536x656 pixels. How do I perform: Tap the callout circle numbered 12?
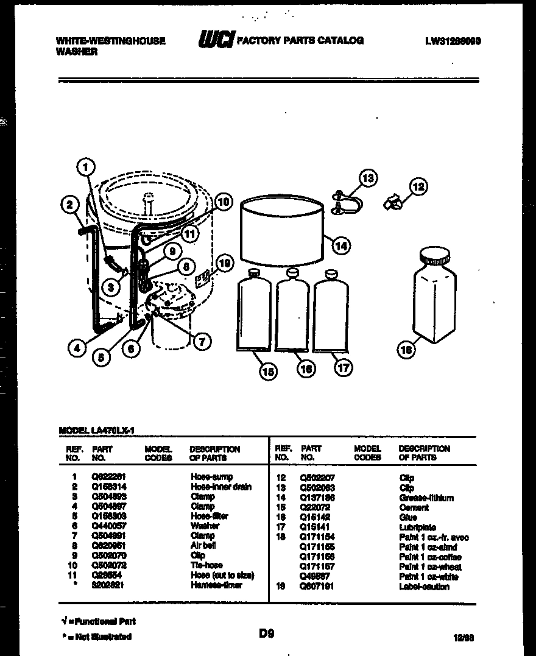418,186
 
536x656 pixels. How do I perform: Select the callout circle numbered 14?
342,245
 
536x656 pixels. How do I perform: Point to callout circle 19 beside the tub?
225,263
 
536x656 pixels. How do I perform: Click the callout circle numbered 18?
405,350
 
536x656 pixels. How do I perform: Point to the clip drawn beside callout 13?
345,202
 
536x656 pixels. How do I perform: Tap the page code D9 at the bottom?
266,634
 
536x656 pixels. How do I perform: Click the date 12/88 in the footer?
464,637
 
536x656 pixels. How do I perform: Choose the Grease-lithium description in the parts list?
426,498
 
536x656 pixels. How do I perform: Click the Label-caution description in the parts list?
424,587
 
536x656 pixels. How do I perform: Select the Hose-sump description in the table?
211,477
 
